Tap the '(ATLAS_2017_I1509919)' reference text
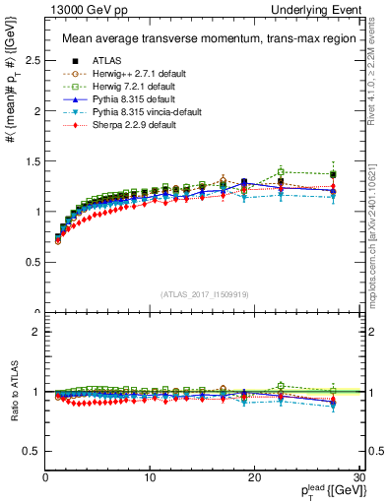pos(197,294)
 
